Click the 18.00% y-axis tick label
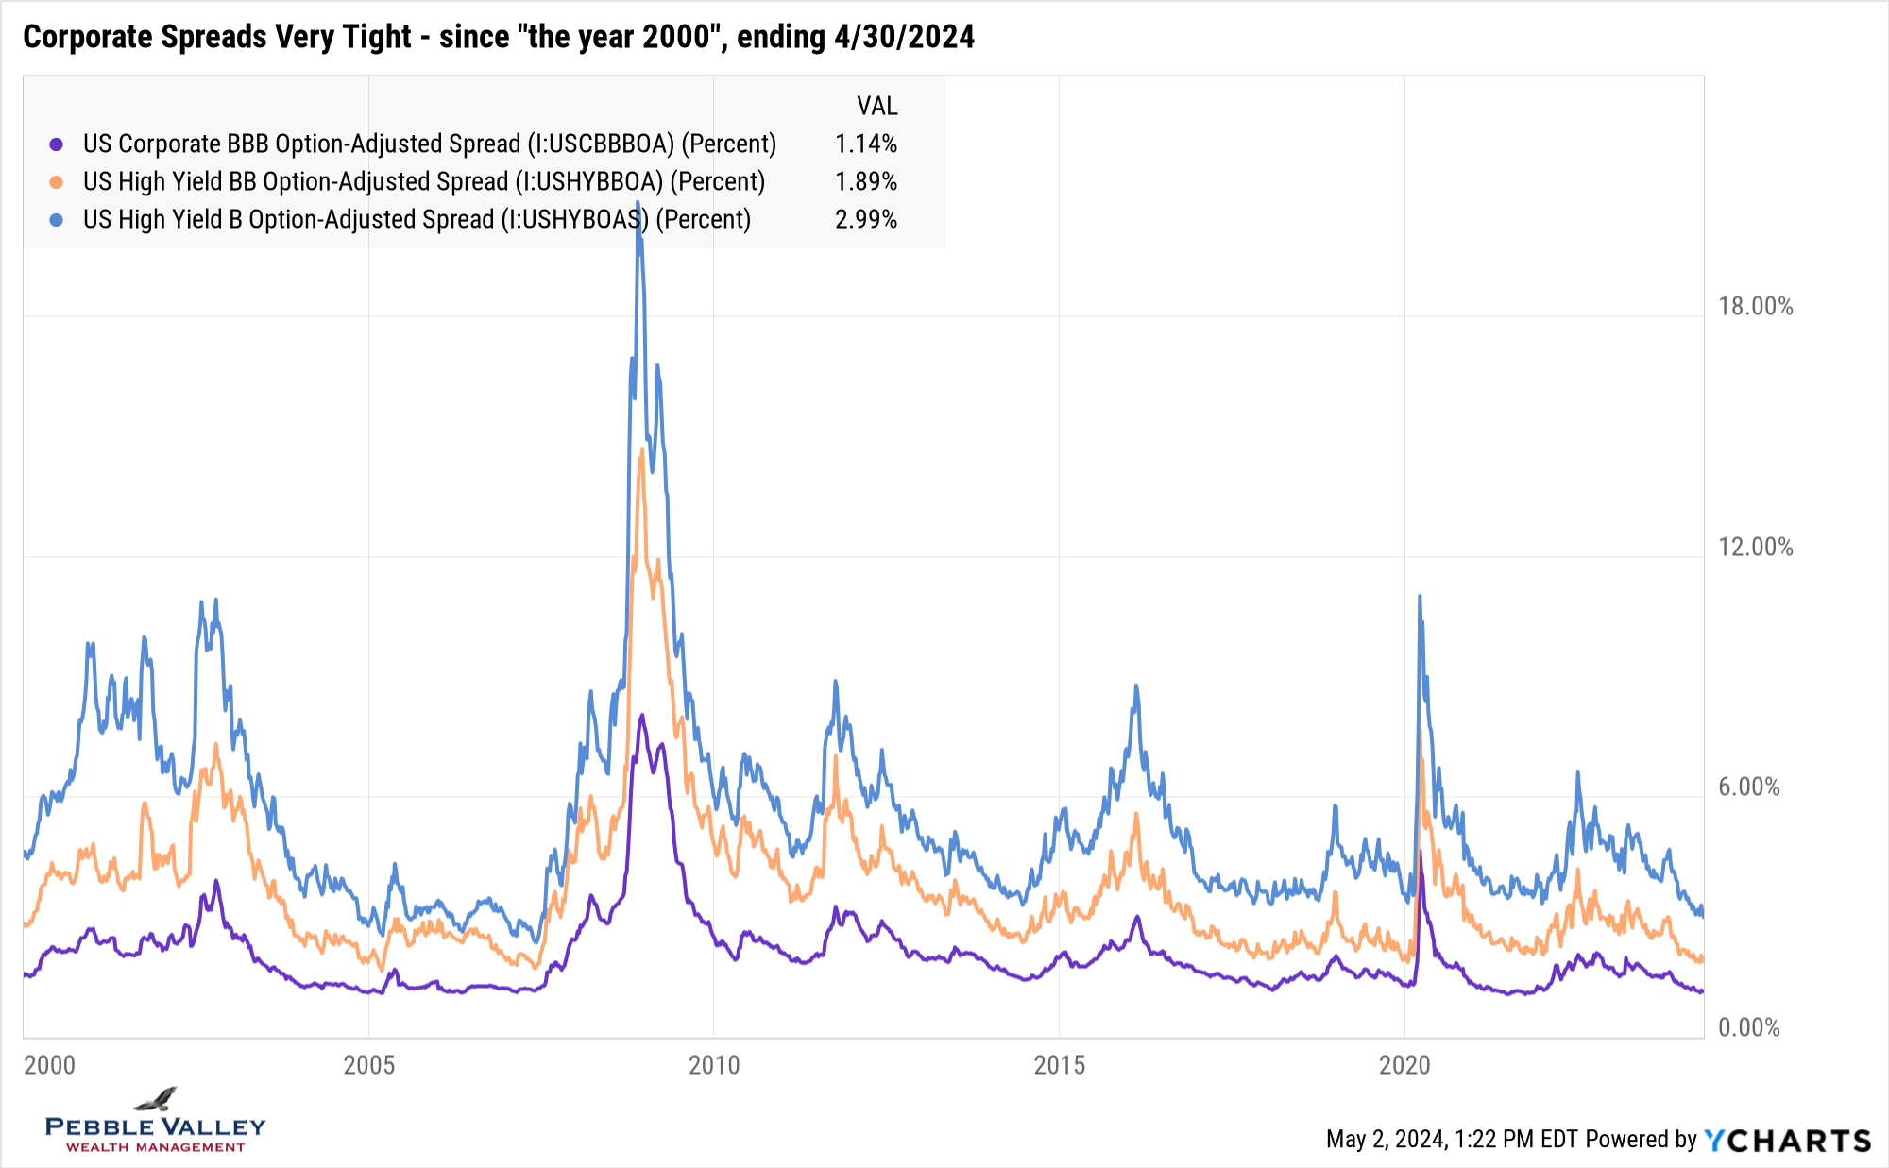[1755, 306]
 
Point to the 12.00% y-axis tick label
[1755, 547]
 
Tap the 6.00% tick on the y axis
[1748, 787]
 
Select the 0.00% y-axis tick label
[1748, 1027]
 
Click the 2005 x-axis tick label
[368, 1065]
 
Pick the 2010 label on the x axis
[714, 1065]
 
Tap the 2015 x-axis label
[1059, 1065]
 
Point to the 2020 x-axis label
[1404, 1065]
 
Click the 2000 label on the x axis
[49, 1065]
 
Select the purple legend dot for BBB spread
[57, 144]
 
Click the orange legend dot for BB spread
[57, 182]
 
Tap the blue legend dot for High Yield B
[57, 220]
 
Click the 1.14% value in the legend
[865, 144]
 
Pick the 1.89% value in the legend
[865, 181]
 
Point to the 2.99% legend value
[865, 219]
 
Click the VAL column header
[876, 106]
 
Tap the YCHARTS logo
[1787, 1140]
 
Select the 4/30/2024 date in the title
[904, 37]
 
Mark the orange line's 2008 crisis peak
[642, 449]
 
